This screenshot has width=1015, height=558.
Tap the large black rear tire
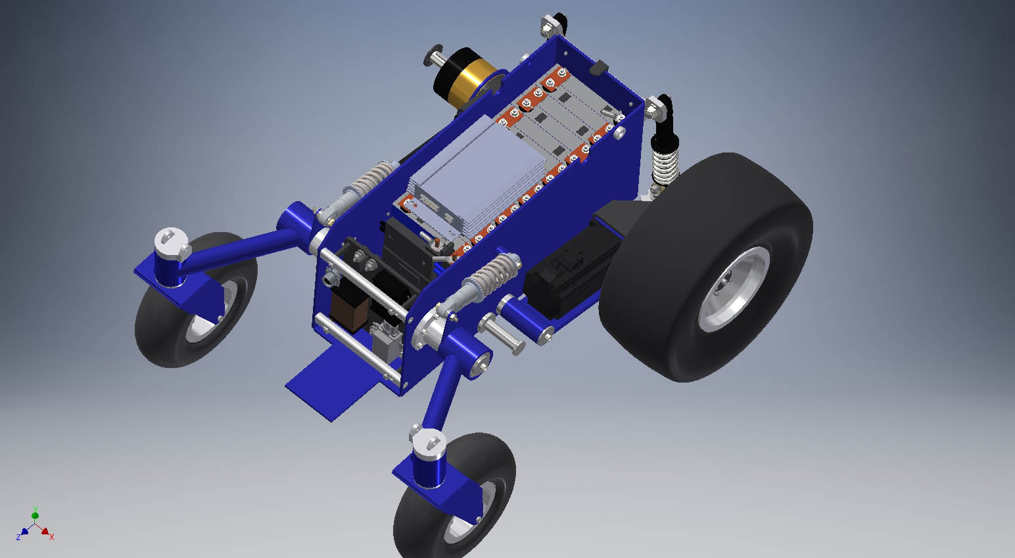point(706,267)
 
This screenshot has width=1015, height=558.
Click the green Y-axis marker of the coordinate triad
point(35,515)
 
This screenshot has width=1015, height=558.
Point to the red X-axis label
point(52,537)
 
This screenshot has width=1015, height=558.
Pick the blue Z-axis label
point(18,537)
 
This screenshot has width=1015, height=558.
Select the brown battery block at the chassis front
point(349,308)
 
